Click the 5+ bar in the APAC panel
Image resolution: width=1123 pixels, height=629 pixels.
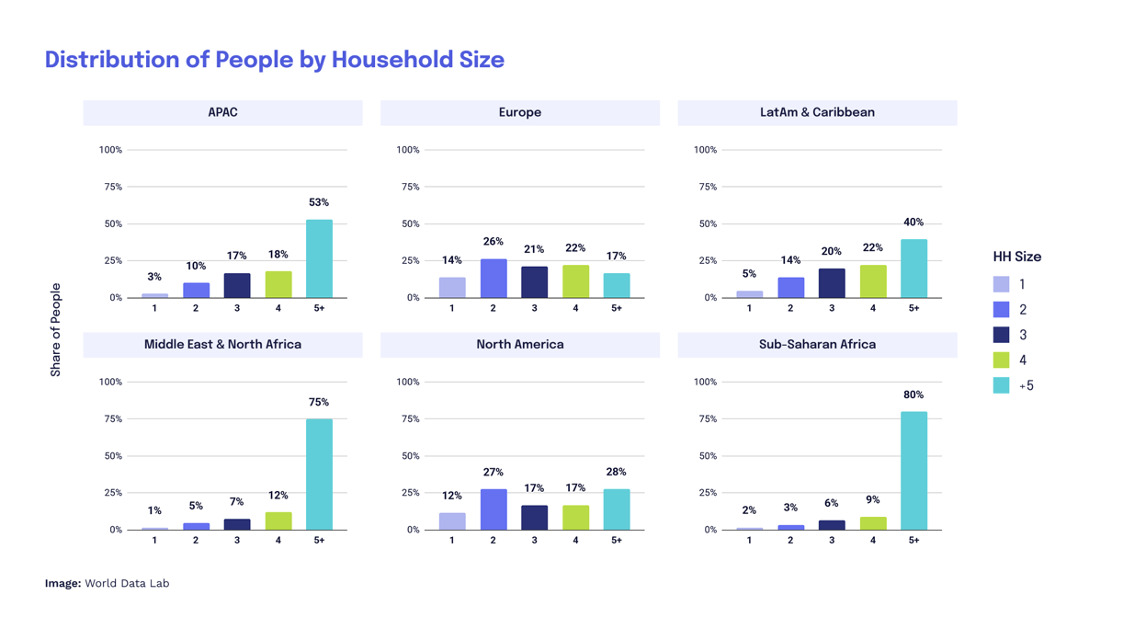tap(319, 258)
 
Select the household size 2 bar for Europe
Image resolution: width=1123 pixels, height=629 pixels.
tap(493, 279)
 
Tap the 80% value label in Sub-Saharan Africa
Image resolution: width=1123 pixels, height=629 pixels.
tap(913, 395)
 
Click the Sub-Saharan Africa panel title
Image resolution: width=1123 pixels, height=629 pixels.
tap(817, 345)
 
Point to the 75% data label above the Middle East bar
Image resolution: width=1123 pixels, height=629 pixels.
tap(319, 402)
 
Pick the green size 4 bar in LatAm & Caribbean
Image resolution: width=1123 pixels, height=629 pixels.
tap(873, 281)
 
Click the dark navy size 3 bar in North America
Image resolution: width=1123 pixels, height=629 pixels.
tap(534, 518)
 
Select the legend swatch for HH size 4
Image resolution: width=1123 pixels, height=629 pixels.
tap(1002, 360)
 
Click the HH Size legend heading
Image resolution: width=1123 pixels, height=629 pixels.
tap(1016, 257)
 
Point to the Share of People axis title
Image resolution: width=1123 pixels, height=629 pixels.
tap(55, 330)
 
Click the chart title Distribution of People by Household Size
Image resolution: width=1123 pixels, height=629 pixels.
tap(274, 60)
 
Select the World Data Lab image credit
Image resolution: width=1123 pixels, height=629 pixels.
tap(107, 583)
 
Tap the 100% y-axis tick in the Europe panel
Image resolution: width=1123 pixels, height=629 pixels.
tap(408, 150)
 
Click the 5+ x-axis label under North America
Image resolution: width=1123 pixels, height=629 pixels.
tap(617, 541)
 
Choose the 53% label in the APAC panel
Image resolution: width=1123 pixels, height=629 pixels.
tap(319, 202)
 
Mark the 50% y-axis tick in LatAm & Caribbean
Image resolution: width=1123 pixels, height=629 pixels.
tap(706, 224)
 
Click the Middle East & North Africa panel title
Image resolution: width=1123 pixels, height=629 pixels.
tap(222, 345)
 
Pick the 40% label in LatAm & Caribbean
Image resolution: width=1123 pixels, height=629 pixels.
tap(913, 223)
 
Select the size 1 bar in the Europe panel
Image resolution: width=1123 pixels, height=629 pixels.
tap(452, 288)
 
